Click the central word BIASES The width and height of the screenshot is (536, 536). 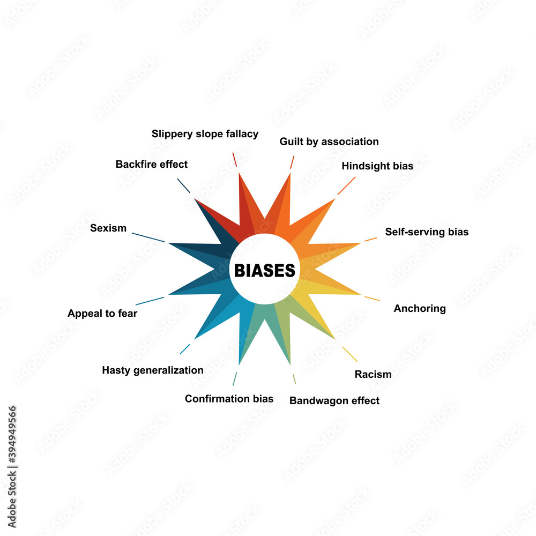(x=264, y=271)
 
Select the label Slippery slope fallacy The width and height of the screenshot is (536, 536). (x=205, y=133)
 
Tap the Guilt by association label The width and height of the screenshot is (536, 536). (x=329, y=142)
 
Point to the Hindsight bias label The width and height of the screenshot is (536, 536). (x=377, y=166)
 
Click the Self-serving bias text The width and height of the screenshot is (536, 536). (x=427, y=232)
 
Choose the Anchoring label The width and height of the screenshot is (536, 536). (x=420, y=308)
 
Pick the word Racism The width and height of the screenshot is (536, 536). (x=373, y=374)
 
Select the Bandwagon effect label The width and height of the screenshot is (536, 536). (x=334, y=400)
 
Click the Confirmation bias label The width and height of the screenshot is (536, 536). (x=229, y=399)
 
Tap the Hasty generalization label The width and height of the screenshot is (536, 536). (x=153, y=370)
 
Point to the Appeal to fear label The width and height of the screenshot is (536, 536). (x=102, y=314)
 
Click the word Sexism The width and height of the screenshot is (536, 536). (x=108, y=228)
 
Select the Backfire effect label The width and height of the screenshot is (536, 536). (x=152, y=164)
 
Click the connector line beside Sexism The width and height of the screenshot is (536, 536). (x=148, y=237)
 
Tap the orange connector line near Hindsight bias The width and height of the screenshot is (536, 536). (x=346, y=185)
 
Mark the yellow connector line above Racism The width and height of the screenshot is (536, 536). (x=350, y=354)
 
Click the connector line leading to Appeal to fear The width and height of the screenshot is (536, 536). (x=150, y=301)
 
